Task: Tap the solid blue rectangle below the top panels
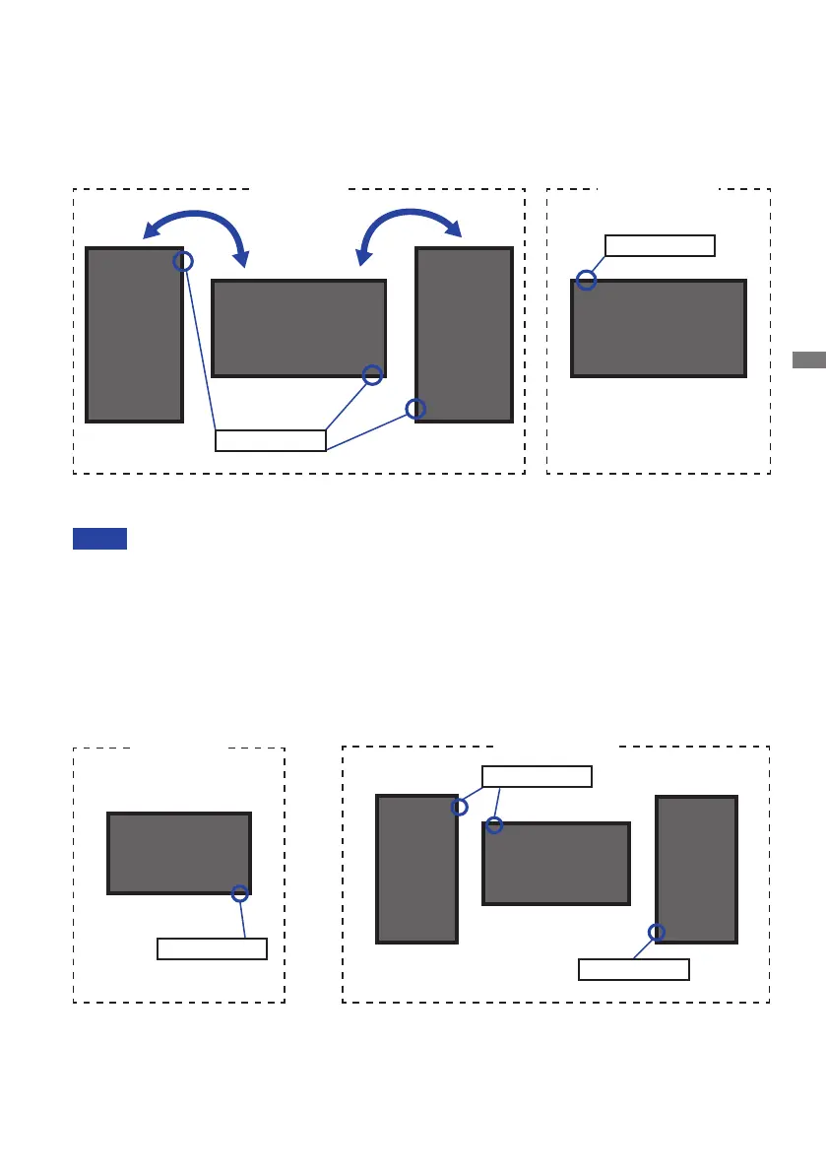pos(99,539)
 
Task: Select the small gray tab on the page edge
pos(809,359)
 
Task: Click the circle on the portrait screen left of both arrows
pos(183,261)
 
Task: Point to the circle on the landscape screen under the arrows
pos(372,374)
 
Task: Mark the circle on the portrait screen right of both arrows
pos(416,409)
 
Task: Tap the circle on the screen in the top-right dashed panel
pos(587,281)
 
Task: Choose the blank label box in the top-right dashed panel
pos(660,245)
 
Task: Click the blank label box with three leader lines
pos(271,440)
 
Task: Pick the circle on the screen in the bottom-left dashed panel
pos(239,893)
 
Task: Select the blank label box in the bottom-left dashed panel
pos(212,948)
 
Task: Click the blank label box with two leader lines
pos(537,776)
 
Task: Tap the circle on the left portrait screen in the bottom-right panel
pos(460,808)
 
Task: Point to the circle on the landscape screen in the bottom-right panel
pos(495,825)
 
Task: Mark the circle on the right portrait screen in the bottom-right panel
pos(657,932)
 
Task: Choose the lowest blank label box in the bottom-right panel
pos(633,969)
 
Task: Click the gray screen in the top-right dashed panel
pos(659,328)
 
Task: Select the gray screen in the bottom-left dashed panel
pos(178,853)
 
